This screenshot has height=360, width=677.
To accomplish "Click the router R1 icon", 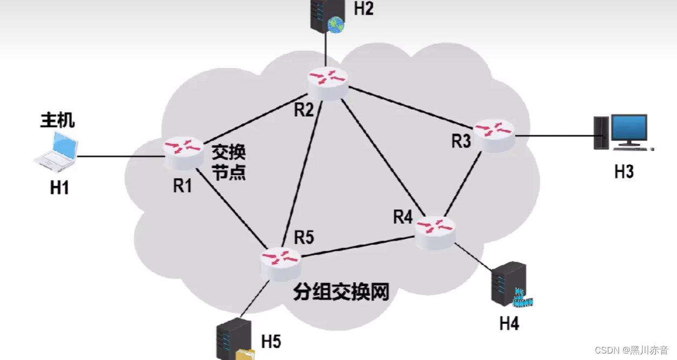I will point(184,154).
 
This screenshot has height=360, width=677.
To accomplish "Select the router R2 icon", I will point(328,84).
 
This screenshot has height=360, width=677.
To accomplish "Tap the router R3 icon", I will point(494,135).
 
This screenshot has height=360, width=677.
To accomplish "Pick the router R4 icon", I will point(435,232).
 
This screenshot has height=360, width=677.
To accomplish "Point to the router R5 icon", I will point(280,263).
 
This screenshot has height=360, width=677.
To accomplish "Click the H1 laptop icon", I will point(56,150).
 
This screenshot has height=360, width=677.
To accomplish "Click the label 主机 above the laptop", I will point(57,121).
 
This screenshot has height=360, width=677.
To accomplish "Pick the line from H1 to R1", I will point(119,157).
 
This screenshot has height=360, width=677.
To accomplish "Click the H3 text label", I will point(624,172).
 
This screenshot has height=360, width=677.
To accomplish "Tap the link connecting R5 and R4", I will point(357,248).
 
